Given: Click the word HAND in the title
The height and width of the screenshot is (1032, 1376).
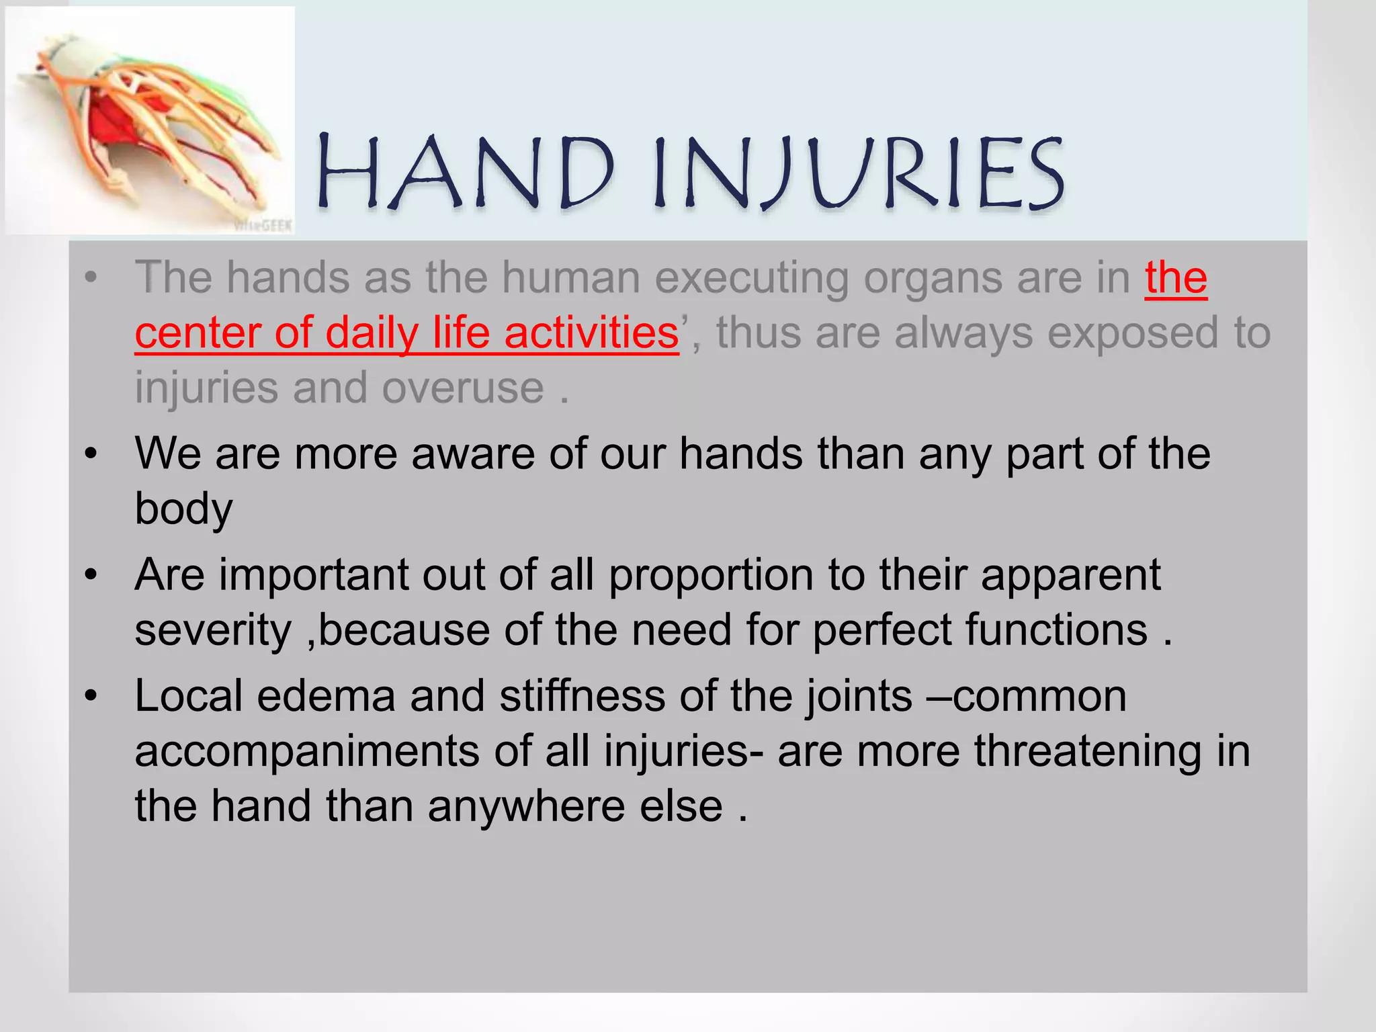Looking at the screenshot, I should click(465, 172).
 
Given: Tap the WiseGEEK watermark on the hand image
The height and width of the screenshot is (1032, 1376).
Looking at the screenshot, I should click(263, 226).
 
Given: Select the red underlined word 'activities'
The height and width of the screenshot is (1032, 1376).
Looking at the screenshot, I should click(591, 333).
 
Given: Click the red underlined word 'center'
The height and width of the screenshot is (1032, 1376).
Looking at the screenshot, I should click(196, 333).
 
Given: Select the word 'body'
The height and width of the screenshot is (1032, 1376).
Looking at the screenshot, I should click(183, 509).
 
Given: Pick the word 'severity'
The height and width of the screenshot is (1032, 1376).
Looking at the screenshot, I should click(213, 630).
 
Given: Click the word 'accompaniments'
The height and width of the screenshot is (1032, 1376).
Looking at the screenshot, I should click(307, 751).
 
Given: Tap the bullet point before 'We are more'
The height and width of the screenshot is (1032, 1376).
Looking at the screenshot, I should click(91, 454).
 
